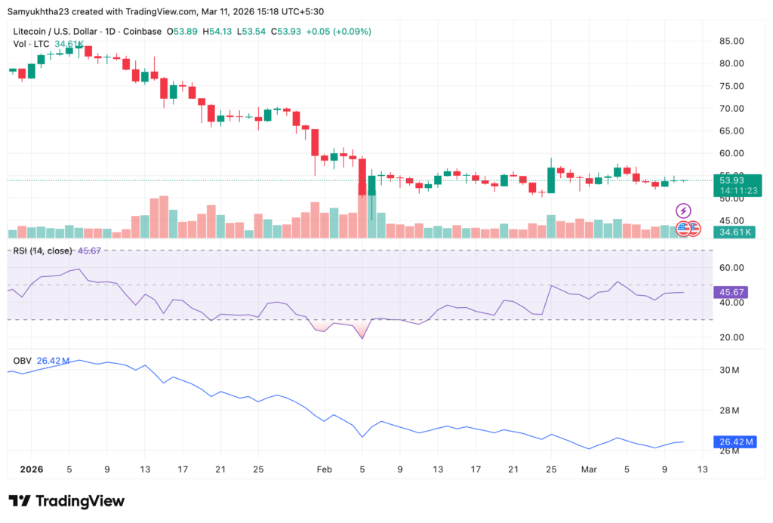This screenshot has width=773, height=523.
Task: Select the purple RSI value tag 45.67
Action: (x=733, y=291)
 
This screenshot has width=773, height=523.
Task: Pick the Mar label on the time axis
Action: (x=590, y=469)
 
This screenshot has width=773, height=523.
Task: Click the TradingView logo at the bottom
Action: (x=66, y=501)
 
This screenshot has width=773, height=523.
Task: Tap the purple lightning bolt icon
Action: (x=683, y=211)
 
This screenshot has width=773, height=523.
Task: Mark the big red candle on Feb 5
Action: (x=362, y=177)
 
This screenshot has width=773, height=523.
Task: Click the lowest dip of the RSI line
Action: (x=362, y=338)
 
